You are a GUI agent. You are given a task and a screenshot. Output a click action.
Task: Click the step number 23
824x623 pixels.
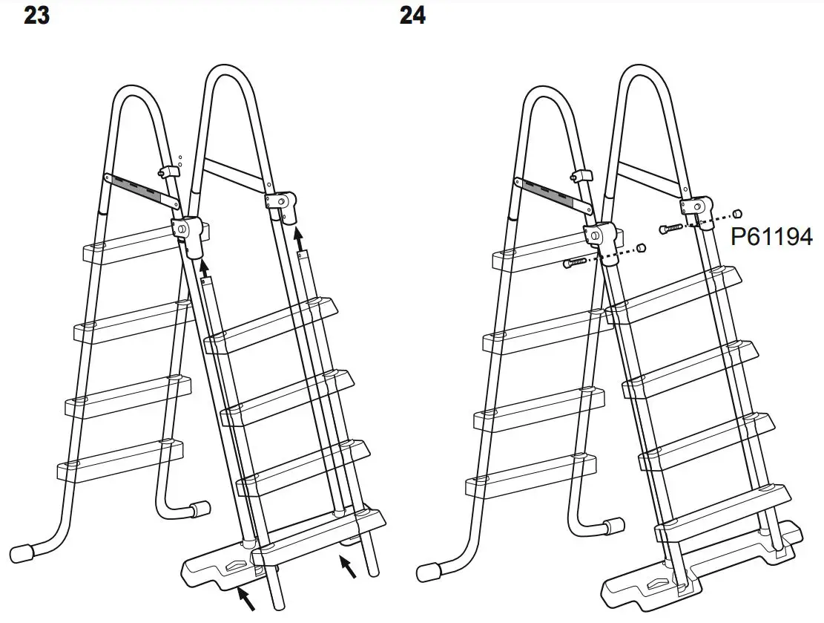pos(37,15)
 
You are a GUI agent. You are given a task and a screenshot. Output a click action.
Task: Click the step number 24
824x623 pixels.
pos(412,15)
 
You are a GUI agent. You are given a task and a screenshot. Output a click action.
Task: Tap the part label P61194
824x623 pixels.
pos(771,238)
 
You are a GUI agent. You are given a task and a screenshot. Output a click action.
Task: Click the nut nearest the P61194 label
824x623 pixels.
pos(738,212)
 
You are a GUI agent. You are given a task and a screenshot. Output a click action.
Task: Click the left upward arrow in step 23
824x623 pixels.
pos(204,266)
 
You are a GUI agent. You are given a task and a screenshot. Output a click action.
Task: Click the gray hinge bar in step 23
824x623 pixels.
pos(142,191)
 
